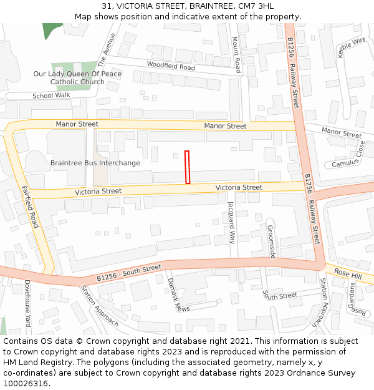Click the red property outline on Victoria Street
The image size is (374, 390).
coord(187,167)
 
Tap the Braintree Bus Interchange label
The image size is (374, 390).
coord(95,163)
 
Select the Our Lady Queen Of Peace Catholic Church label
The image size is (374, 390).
coord(77,77)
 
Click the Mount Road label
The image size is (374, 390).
coord(236,54)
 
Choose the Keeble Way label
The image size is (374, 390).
coord(351,47)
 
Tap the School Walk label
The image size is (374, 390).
coord(51,95)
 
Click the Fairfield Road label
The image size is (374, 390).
coord(29,207)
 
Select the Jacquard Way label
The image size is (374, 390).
coord(231,222)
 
